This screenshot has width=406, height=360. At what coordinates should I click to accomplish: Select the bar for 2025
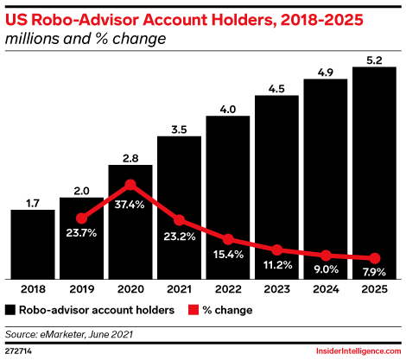pyautogui.click(x=374, y=173)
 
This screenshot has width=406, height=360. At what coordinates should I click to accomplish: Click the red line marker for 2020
pyautogui.click(x=130, y=184)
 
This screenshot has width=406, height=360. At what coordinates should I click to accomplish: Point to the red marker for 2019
pyautogui.click(x=81, y=218)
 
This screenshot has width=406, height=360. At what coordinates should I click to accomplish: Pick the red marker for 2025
pyautogui.click(x=374, y=258)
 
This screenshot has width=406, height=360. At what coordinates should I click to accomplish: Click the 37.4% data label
pyautogui.click(x=130, y=203)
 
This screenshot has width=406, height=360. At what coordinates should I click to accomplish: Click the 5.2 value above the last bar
pyautogui.click(x=374, y=58)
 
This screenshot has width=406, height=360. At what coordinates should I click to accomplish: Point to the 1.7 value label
pyautogui.click(x=32, y=203)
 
